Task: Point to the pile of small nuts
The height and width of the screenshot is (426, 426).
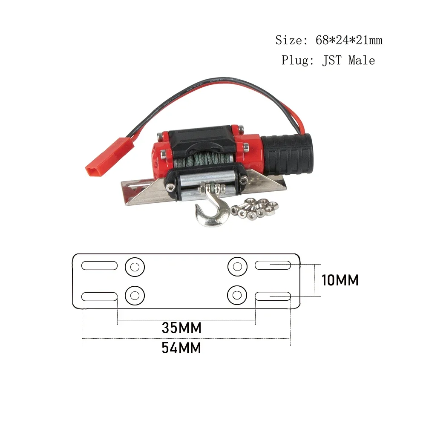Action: (x=254, y=208)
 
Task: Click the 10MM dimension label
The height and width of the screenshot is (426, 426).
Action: (x=340, y=280)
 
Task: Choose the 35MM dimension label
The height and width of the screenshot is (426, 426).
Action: (x=181, y=328)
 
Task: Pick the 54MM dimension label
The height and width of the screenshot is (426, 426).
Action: (x=181, y=348)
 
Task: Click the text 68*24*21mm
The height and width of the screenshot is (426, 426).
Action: (x=349, y=40)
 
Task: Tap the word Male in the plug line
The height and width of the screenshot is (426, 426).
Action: (x=362, y=60)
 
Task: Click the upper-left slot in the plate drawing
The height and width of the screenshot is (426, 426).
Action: (x=99, y=265)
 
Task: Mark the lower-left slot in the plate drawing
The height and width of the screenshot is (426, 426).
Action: (x=99, y=296)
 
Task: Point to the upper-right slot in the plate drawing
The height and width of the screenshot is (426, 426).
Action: (x=273, y=265)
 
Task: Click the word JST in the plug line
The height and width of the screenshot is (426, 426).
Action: (x=332, y=60)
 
